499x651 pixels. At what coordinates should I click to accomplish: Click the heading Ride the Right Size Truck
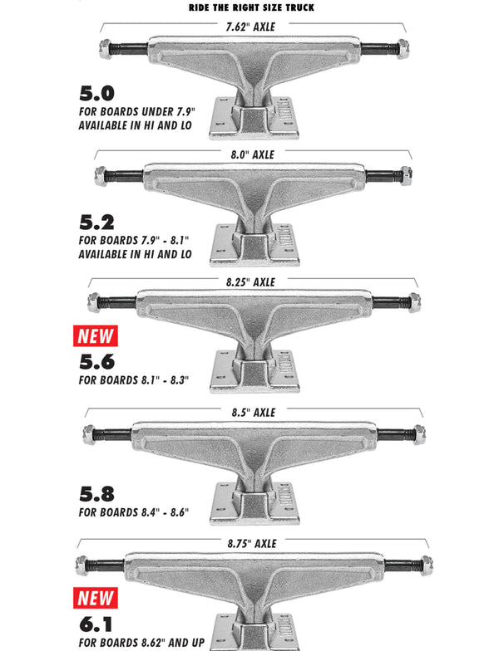pyautogui.click(x=251, y=7)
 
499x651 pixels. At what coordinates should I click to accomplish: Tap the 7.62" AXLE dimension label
pyautogui.click(x=250, y=27)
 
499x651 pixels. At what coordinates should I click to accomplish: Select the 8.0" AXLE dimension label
pyautogui.click(x=253, y=154)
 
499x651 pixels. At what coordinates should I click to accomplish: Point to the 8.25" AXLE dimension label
pyautogui.click(x=250, y=282)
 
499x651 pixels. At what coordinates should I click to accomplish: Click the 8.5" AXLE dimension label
pyautogui.click(x=253, y=413)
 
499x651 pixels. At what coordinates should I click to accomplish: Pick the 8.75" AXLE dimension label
pyautogui.click(x=251, y=544)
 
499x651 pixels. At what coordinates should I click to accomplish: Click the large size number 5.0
pyautogui.click(x=96, y=93)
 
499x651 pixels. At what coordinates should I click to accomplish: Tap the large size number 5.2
pyautogui.click(x=96, y=223)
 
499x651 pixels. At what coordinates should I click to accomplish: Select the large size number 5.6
pyautogui.click(x=96, y=362)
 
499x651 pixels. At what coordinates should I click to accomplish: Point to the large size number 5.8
pyautogui.click(x=96, y=494)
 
